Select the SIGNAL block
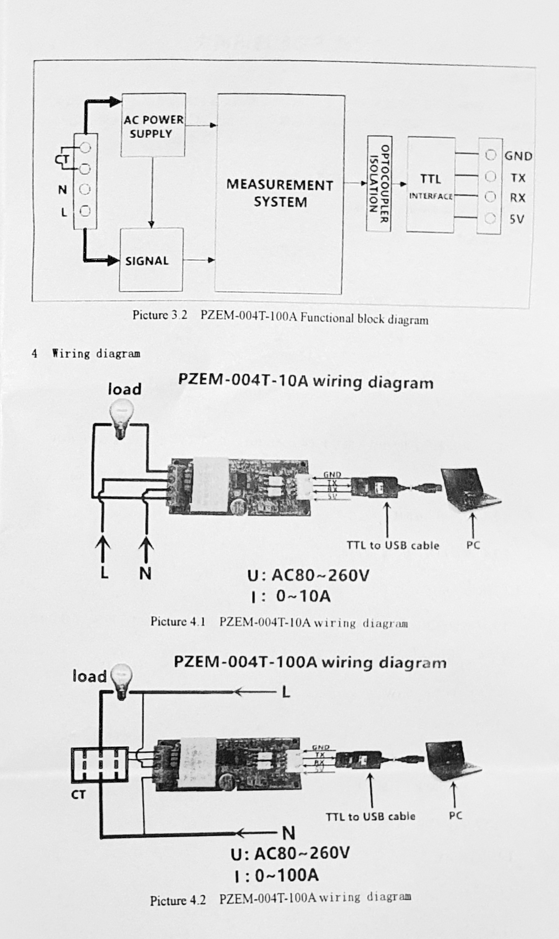click(151, 260)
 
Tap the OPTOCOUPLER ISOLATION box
click(379, 184)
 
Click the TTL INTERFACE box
click(431, 185)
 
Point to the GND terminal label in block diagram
click(518, 156)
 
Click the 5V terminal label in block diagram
click(517, 219)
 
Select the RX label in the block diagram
click(517, 198)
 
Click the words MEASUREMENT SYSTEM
click(280, 193)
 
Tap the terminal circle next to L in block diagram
click(86, 211)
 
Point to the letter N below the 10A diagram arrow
click(145, 574)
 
